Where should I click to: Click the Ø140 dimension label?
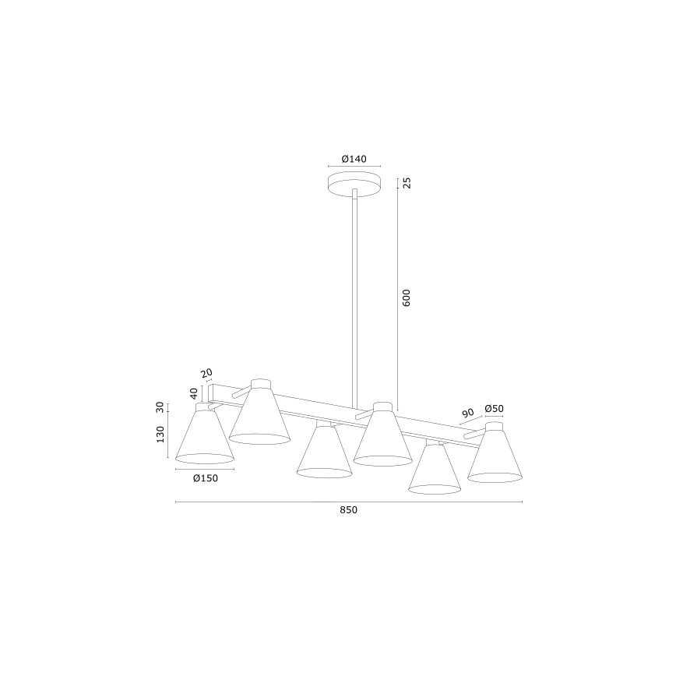click(354, 159)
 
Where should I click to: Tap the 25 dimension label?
click(407, 184)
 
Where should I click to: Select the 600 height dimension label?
click(407, 298)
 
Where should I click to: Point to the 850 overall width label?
click(348, 510)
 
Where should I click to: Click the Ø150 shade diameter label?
click(205, 478)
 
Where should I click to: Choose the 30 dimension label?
click(160, 407)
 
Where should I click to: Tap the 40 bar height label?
click(195, 393)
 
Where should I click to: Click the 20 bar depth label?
click(206, 374)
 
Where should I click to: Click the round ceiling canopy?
click(354, 185)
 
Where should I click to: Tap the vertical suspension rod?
click(354, 296)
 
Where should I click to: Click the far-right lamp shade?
click(495, 456)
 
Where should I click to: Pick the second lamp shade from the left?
click(259, 417)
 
